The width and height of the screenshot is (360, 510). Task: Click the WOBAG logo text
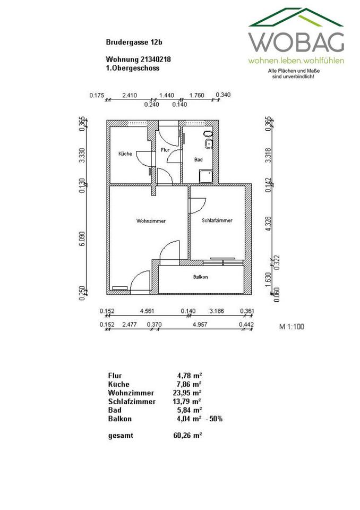point(296,42)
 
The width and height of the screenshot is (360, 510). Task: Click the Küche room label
point(125,154)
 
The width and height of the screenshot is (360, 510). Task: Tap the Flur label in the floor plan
point(165,150)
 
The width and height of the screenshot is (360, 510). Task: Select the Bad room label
point(198,159)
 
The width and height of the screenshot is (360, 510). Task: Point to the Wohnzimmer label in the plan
point(148,220)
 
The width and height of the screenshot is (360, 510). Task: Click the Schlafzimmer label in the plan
point(217,220)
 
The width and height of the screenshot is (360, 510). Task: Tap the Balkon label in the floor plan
point(200,277)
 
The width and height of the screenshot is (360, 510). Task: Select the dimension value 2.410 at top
point(130,96)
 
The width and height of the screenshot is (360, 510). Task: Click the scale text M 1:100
point(292,327)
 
